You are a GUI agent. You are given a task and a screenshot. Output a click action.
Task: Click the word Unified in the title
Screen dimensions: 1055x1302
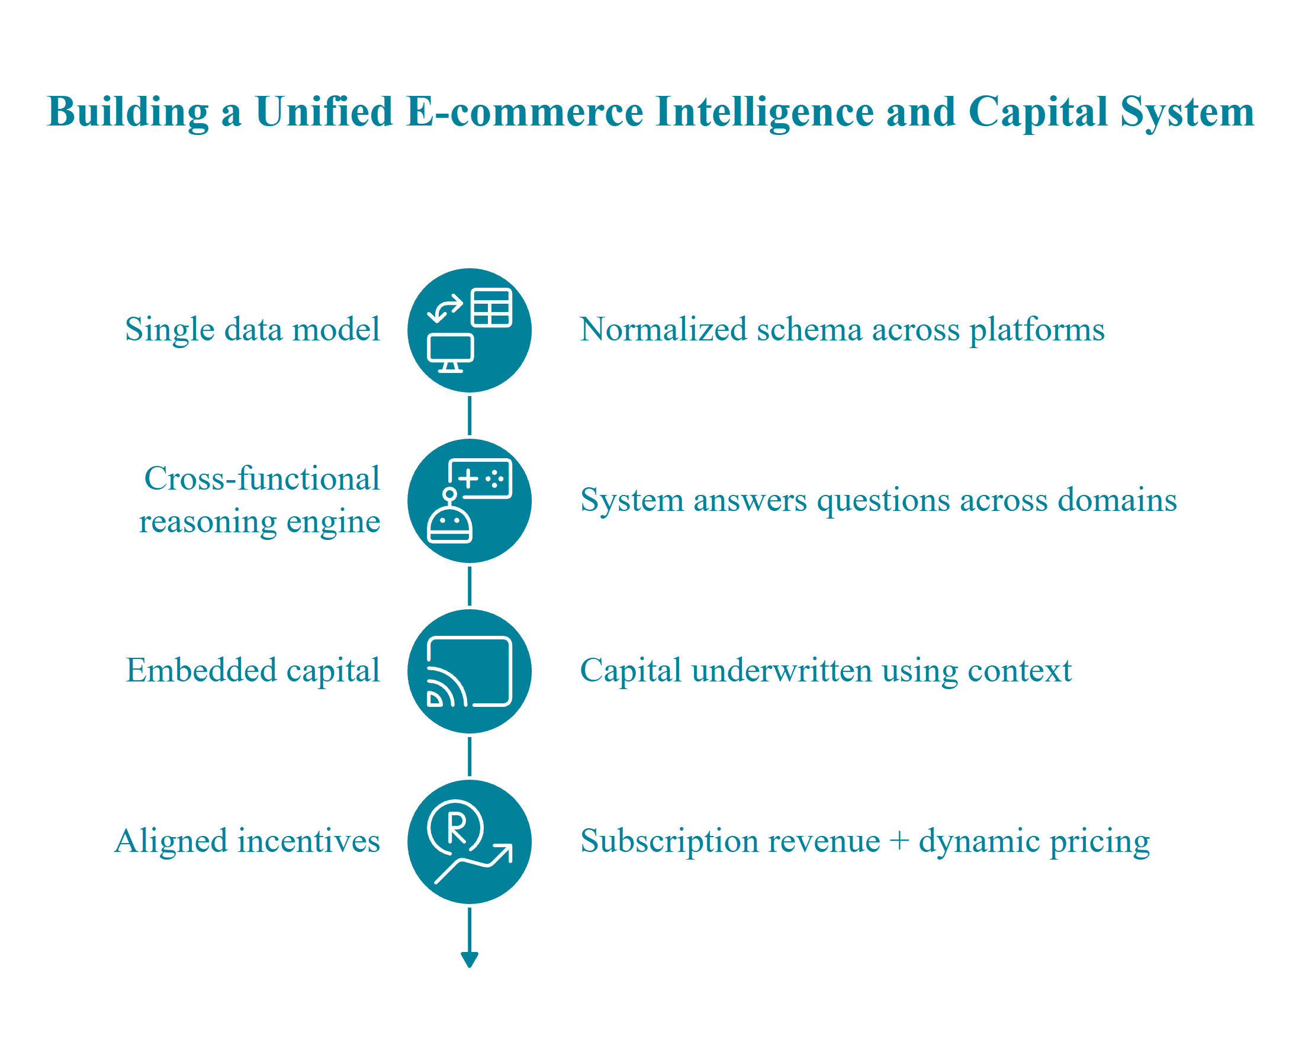pyautogui.click(x=324, y=112)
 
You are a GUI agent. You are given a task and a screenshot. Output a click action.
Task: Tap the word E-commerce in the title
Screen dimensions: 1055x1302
pyautogui.click(x=525, y=112)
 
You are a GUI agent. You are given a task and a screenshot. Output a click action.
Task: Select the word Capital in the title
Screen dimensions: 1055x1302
pyautogui.click(x=1037, y=112)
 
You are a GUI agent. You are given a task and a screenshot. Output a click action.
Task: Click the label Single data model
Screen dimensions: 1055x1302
pyautogui.click(x=252, y=329)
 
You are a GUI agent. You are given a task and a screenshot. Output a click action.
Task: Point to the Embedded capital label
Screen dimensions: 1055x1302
pyautogui.click(x=252, y=670)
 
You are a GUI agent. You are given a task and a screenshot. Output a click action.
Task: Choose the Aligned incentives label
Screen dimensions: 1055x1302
pyautogui.click(x=247, y=841)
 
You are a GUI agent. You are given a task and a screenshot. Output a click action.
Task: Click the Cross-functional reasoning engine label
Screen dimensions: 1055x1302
pyautogui.click(x=260, y=500)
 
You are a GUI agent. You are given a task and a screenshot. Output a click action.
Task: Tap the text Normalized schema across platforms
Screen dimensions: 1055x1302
pyautogui.click(x=842, y=329)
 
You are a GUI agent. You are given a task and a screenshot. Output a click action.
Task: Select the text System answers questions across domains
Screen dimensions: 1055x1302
pyautogui.click(x=877, y=500)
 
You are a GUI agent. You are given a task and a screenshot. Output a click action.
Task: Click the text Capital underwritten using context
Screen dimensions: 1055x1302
pyautogui.click(x=825, y=670)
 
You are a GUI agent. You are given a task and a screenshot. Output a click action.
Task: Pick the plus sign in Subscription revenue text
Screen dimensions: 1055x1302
pyautogui.click(x=898, y=842)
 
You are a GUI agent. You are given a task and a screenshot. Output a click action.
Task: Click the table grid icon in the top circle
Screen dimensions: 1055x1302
pyautogui.click(x=491, y=308)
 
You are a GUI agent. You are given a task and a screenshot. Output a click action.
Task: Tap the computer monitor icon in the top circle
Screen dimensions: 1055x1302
pyautogui.click(x=450, y=352)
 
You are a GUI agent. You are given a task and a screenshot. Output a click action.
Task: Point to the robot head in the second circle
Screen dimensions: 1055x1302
pyautogui.click(x=449, y=522)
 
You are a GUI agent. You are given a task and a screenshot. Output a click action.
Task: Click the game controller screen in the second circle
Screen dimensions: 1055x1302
pyautogui.click(x=481, y=479)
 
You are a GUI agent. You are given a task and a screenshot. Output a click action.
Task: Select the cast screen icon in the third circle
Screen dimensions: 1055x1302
pyautogui.click(x=470, y=671)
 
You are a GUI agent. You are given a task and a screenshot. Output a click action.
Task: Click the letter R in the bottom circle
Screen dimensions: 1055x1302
pyautogui.click(x=456, y=828)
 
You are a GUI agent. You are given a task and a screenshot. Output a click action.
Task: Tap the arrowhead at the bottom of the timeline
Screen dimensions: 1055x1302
pyautogui.click(x=470, y=960)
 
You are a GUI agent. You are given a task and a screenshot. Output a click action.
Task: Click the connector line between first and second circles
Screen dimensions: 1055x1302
pyautogui.click(x=470, y=416)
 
